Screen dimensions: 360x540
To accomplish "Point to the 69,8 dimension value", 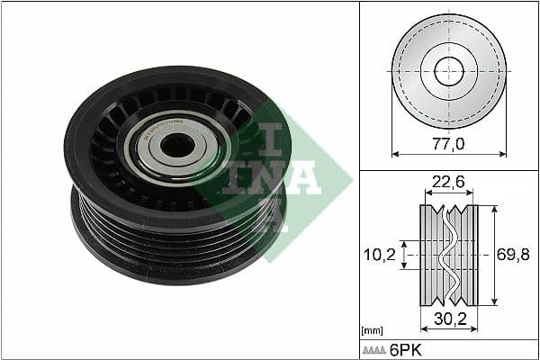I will coord(513,255).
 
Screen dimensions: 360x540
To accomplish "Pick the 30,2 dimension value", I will coord(449,318).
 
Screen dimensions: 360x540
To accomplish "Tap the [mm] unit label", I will coord(372,331).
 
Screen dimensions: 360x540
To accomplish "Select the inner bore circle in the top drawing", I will coord(449,70).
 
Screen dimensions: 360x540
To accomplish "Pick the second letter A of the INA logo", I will coord(301,175).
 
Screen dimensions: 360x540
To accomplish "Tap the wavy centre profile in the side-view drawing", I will coord(447,255).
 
